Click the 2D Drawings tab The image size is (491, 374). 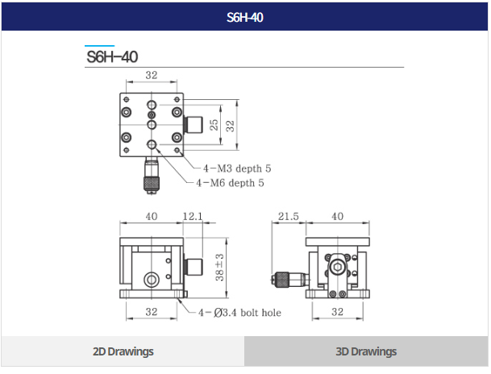pyautogui.click(x=123, y=351)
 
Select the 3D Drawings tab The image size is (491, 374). pyautogui.click(x=366, y=351)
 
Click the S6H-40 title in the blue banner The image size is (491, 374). pyautogui.click(x=245, y=18)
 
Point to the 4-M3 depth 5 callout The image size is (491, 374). pyautogui.click(x=237, y=168)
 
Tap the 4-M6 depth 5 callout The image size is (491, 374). pyautogui.click(x=230, y=183)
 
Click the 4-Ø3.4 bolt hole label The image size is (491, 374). pyautogui.click(x=240, y=313)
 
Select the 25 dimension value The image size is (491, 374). pyautogui.click(x=214, y=125)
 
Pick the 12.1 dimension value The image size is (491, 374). pyautogui.click(x=193, y=216)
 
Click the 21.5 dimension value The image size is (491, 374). pyautogui.click(x=289, y=216)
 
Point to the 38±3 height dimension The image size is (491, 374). pyautogui.click(x=219, y=268)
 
